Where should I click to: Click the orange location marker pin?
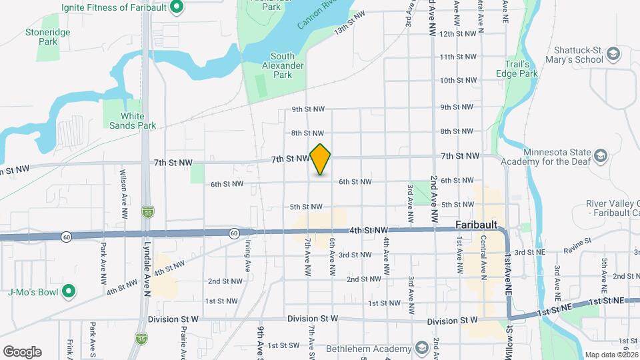(x=321, y=159)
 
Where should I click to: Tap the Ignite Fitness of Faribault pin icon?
(x=176, y=7)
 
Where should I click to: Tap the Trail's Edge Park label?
(x=517, y=69)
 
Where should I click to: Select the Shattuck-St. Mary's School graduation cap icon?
(x=613, y=53)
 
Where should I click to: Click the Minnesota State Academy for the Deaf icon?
(x=600, y=156)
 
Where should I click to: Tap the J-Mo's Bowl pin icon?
(x=68, y=291)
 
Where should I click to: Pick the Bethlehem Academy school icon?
(x=421, y=349)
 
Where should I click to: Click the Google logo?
(x=22, y=351)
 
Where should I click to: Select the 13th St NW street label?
(x=351, y=23)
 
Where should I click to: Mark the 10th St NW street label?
(x=457, y=81)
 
